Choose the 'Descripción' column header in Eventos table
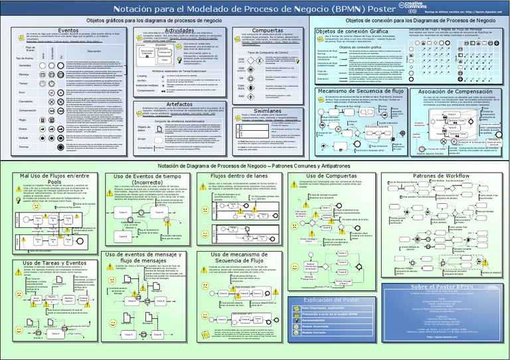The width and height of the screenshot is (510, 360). point(93,51)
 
